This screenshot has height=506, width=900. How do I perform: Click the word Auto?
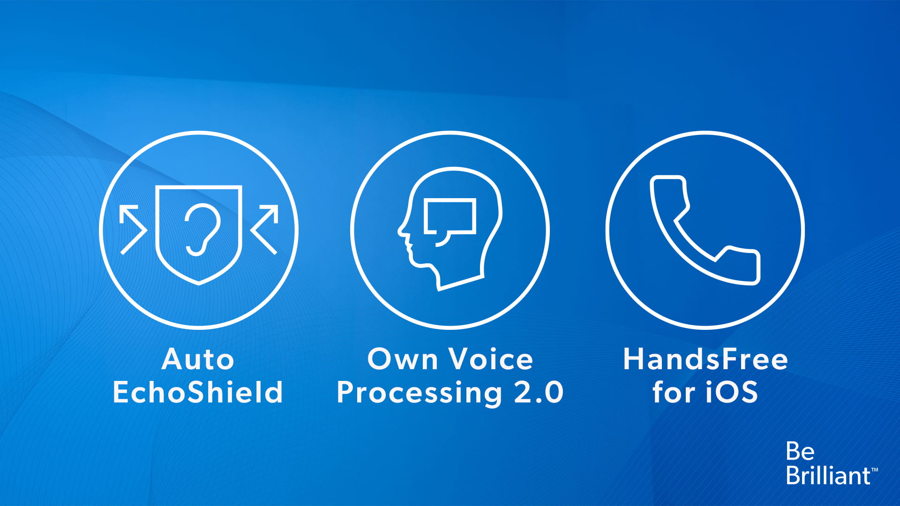[x=198, y=359]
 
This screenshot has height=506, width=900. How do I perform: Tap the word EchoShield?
[x=198, y=392]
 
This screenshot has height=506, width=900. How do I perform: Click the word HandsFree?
[x=705, y=359]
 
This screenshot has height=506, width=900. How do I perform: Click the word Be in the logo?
[x=800, y=451]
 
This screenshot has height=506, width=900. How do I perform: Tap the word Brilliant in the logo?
[x=828, y=475]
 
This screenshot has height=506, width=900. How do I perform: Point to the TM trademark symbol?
[x=875, y=469]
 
